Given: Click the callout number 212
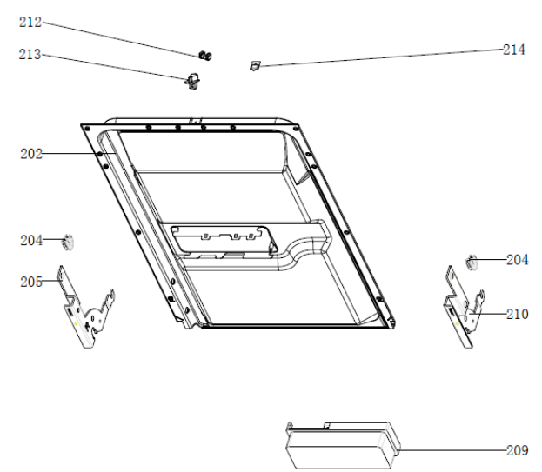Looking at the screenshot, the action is click(x=30, y=22).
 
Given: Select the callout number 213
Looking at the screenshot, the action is click(x=30, y=54).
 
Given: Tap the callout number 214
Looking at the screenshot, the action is click(x=513, y=50).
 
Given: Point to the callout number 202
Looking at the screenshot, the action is click(x=31, y=154).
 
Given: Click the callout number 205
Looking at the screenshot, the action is click(x=31, y=282).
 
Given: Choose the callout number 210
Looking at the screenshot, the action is click(x=517, y=314).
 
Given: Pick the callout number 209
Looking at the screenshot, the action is click(x=517, y=450).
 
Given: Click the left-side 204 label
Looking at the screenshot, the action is click(x=31, y=240).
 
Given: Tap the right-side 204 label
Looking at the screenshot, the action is click(x=517, y=260).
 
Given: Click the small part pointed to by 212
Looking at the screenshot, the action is click(x=205, y=56).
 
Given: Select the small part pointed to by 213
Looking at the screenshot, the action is click(x=193, y=82).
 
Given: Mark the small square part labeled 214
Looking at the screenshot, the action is click(x=255, y=65).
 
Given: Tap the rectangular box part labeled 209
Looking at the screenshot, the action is click(x=342, y=445).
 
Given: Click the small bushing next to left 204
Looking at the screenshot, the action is click(x=68, y=242).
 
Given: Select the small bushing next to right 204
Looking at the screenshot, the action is click(x=471, y=263).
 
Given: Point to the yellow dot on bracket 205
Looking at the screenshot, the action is click(x=76, y=324).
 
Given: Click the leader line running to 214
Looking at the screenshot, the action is click(x=381, y=57).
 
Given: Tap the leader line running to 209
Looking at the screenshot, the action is click(x=452, y=450).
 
